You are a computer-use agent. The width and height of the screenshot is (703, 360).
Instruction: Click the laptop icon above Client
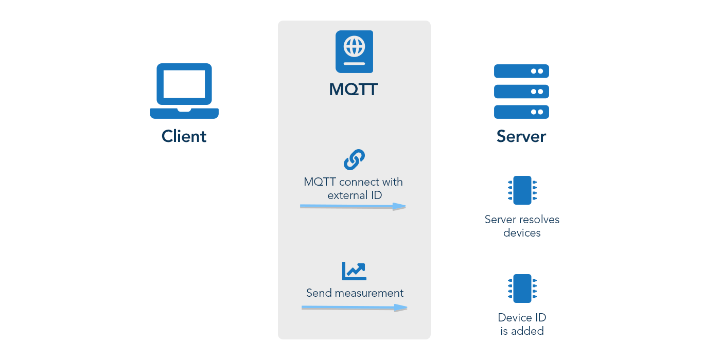pos(184,91)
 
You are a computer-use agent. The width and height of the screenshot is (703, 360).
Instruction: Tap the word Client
pos(184,136)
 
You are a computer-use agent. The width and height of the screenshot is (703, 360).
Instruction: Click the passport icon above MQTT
pos(354,51)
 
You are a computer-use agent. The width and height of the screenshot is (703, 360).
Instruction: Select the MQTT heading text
pos(354,89)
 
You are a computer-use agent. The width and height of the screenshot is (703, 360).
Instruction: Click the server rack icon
pos(521,92)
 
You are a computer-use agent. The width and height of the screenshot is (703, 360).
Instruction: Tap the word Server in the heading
pos(521,136)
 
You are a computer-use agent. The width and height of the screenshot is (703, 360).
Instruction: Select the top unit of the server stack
pos(521,71)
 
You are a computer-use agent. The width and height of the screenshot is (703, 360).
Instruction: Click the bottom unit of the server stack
pos(521,112)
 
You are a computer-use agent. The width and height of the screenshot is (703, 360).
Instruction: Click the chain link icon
pos(354,160)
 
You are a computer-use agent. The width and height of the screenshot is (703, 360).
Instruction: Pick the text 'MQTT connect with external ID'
pos(354,189)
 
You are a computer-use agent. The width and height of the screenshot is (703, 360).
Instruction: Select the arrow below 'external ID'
pos(353,206)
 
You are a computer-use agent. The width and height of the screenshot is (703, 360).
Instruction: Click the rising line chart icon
pos(354,271)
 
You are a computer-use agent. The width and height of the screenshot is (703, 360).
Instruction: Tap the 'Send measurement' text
pos(355,293)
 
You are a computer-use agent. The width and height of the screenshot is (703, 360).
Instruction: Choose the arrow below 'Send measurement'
pos(354,308)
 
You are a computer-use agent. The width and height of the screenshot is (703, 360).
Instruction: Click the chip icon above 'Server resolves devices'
pos(522,190)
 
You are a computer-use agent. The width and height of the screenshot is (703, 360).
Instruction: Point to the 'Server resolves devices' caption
pos(522,226)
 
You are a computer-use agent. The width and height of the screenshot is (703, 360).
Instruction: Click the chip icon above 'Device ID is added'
pos(522,289)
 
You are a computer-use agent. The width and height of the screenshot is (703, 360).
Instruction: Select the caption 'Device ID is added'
pos(522,325)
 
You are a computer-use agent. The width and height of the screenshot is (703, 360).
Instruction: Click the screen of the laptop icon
pos(184,84)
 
